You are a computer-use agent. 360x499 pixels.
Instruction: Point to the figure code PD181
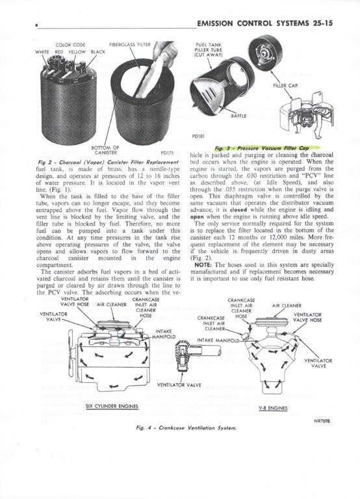tap(199, 136)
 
